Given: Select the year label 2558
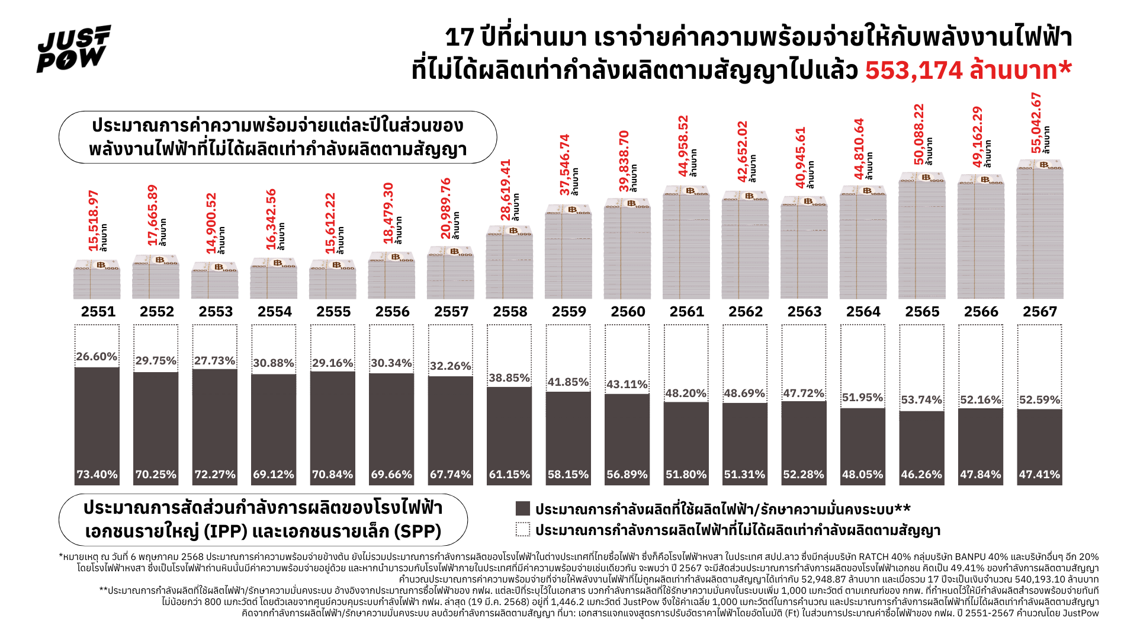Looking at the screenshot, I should (x=510, y=312).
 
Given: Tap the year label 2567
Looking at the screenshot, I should (x=1039, y=312).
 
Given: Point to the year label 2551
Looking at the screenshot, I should (x=98, y=312).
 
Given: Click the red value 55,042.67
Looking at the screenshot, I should (x=1036, y=123).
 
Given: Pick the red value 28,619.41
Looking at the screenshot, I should (x=505, y=190).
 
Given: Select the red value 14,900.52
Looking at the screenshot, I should (x=211, y=223).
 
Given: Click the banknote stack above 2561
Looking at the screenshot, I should (x=686, y=243).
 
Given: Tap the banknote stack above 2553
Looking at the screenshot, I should (x=214, y=281).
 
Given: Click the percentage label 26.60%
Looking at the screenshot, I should (x=97, y=357).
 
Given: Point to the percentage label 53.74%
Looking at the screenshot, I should (x=921, y=400).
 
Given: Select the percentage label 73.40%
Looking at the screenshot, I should (x=97, y=475).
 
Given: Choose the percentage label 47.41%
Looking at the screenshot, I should (x=1039, y=475).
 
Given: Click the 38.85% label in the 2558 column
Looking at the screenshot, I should (x=509, y=378).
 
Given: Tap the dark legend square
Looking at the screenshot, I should (x=522, y=508).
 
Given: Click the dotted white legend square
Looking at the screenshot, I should (x=522, y=529).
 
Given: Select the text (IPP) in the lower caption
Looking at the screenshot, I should (x=226, y=532).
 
